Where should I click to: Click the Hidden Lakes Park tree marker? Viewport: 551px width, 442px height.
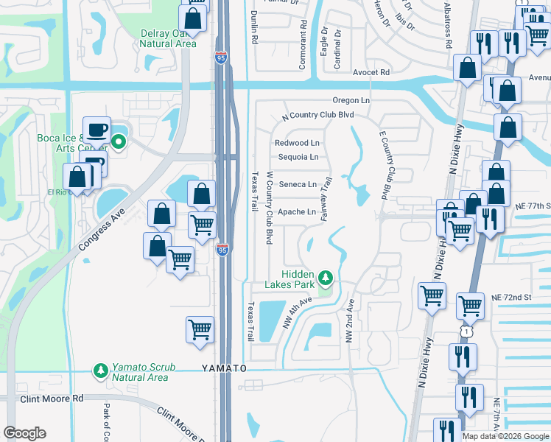[325, 278]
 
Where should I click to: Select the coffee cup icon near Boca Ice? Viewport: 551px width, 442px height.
[96, 130]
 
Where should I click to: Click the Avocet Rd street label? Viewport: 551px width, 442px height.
[371, 72]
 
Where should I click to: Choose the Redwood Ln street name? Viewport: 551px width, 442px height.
[297, 143]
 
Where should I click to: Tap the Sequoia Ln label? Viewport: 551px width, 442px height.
[298, 157]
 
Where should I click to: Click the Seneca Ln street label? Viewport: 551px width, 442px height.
[297, 184]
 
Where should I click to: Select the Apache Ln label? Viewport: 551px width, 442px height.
[297, 212]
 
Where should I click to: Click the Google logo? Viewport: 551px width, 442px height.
[25, 432]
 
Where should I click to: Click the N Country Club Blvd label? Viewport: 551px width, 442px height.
[318, 115]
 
